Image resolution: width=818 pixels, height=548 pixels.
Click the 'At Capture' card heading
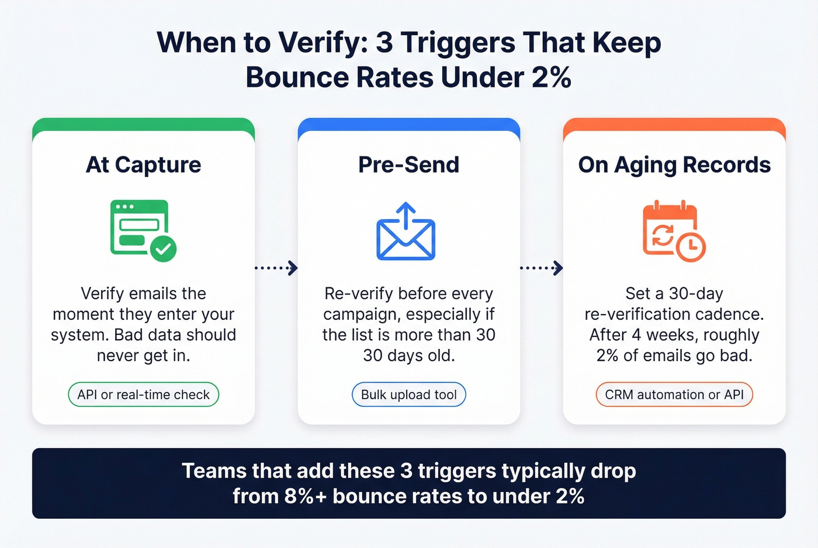tap(143, 165)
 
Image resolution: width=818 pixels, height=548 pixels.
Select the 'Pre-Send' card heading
tap(408, 165)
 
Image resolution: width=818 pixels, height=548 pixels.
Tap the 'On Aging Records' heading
tap(674, 165)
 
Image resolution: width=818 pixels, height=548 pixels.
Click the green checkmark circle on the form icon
tap(163, 249)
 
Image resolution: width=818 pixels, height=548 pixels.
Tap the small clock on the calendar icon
tap(691, 246)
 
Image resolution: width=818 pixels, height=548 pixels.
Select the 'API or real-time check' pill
tap(143, 395)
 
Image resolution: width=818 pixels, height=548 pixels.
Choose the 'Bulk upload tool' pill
tap(408, 395)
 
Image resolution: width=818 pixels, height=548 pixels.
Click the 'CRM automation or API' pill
tap(674, 395)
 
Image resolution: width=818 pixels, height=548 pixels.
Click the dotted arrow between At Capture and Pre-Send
tap(276, 268)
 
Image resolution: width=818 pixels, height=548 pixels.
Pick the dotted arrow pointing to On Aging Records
tap(542, 268)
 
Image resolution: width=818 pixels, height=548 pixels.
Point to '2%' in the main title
tap(551, 78)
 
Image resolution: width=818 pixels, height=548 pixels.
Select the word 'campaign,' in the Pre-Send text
tap(362, 315)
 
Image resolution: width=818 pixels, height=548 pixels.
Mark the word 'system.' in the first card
tap(79, 335)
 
